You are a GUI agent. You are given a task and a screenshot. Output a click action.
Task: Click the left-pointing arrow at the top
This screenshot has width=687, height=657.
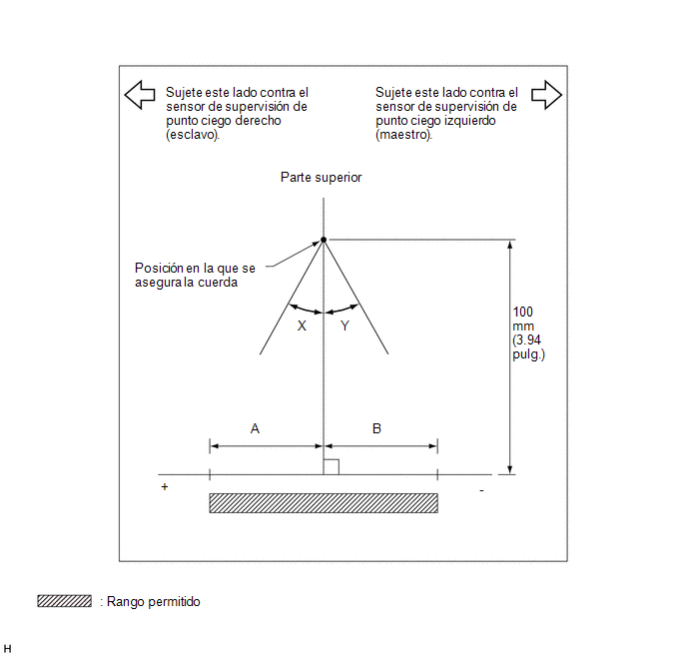(140, 95)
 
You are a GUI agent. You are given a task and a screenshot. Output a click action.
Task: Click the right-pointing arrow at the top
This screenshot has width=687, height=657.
(546, 95)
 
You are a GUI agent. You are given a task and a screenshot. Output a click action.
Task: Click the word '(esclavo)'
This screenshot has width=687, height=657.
(193, 135)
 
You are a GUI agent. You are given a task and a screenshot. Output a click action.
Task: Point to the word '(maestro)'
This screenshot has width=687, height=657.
(403, 135)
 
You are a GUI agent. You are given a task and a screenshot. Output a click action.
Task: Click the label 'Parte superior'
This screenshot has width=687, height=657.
(322, 178)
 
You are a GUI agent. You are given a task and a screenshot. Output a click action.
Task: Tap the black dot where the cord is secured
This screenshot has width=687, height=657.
(324, 240)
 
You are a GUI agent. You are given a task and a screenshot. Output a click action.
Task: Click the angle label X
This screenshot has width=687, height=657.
(302, 326)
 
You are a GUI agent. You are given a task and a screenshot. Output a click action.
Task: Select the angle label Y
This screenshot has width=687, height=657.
(344, 326)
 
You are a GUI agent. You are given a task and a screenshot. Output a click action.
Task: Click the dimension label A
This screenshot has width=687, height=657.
(255, 428)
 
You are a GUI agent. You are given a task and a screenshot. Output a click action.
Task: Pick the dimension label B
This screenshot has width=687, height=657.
(376, 428)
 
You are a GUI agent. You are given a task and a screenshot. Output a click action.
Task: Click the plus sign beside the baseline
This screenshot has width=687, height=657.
(165, 486)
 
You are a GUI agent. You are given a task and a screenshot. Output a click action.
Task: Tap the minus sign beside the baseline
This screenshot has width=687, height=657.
(481, 491)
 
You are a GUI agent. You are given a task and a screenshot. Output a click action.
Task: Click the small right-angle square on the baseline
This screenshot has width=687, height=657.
(332, 467)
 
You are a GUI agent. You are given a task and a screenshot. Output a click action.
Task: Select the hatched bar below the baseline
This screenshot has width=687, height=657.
(324, 503)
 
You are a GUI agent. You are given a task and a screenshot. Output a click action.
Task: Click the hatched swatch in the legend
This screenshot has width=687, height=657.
(64, 601)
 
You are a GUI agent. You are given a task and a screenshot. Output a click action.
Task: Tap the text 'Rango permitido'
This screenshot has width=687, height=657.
(154, 602)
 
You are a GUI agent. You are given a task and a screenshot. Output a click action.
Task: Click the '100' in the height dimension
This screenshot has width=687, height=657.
(522, 312)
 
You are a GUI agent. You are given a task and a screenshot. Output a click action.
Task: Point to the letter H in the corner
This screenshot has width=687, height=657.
(7, 649)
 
